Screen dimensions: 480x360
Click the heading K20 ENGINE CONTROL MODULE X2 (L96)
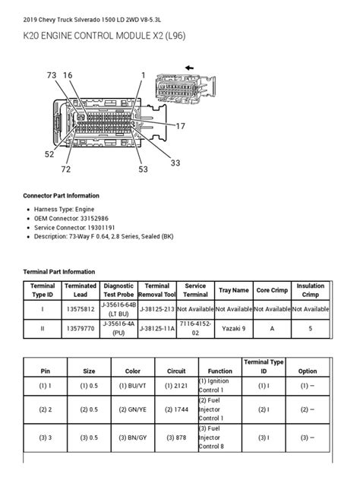(105, 36)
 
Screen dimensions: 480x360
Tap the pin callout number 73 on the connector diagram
(52, 75)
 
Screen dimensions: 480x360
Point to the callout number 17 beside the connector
(180, 125)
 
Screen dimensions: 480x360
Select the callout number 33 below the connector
(175, 163)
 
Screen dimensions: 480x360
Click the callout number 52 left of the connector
(49, 153)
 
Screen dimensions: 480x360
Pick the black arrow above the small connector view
(188, 68)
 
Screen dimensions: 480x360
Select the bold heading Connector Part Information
(61, 196)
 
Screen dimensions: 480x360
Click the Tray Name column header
(233, 290)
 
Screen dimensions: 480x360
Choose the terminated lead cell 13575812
(81, 310)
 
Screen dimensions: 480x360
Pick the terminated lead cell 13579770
(81, 329)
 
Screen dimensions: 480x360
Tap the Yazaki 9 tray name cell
(233, 329)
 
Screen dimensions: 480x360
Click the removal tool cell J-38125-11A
(157, 329)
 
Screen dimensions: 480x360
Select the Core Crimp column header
(272, 290)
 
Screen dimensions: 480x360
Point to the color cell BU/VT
(133, 386)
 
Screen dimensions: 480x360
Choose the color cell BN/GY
(133, 437)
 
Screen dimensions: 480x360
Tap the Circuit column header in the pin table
(176, 371)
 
